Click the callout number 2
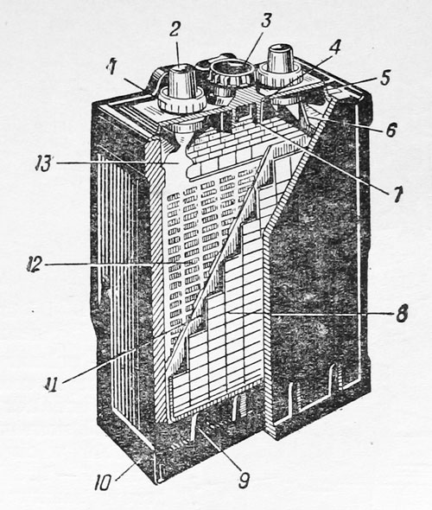(x=175, y=30)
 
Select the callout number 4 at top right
(x=334, y=48)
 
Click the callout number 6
(x=391, y=131)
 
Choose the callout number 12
(x=35, y=265)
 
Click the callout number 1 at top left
(x=112, y=67)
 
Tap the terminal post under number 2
(x=182, y=81)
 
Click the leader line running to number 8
(x=309, y=314)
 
